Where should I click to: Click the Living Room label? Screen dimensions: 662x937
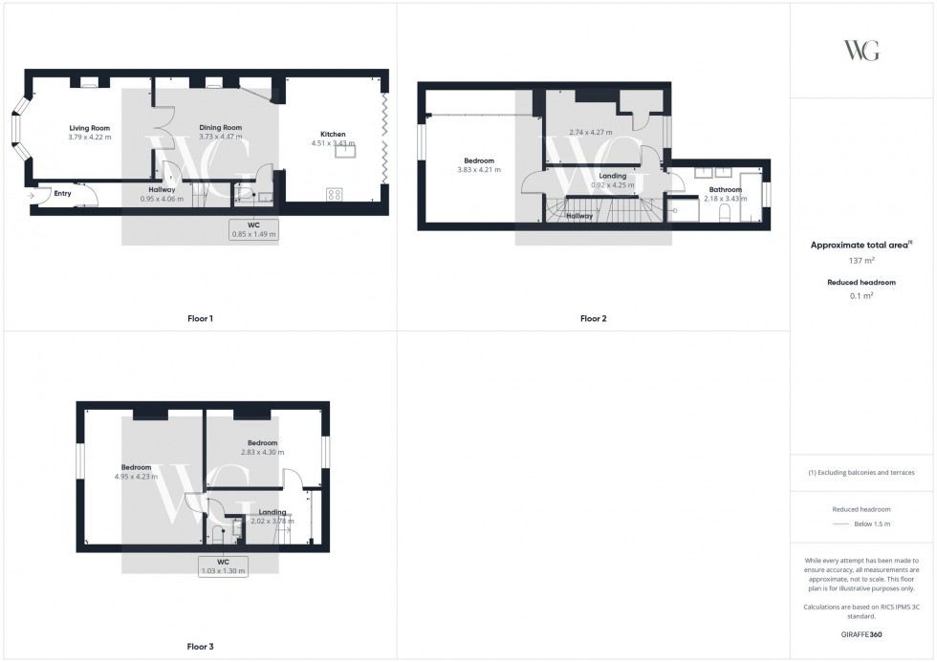(89, 128)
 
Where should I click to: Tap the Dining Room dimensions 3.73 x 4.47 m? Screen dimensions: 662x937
(220, 138)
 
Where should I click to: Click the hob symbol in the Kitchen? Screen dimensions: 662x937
(336, 194)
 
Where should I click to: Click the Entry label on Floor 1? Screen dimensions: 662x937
(62, 194)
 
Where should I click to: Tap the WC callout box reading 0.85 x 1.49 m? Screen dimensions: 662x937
(252, 229)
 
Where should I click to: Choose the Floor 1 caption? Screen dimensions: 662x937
(200, 318)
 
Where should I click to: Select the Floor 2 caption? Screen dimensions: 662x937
(593, 318)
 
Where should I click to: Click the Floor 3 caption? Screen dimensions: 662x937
(200, 647)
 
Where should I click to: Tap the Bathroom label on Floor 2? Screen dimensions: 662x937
(725, 189)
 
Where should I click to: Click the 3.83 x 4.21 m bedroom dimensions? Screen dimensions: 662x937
(479, 170)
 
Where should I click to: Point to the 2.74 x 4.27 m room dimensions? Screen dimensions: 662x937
(590, 132)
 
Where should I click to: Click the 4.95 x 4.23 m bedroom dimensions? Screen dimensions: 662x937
(136, 477)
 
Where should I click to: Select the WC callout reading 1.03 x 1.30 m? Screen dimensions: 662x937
(224, 566)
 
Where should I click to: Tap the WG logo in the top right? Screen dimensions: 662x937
(861, 51)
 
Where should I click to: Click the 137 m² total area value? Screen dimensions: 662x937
(862, 260)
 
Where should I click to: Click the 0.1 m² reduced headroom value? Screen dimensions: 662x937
(862, 296)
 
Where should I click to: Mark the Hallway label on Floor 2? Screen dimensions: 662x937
(579, 216)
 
